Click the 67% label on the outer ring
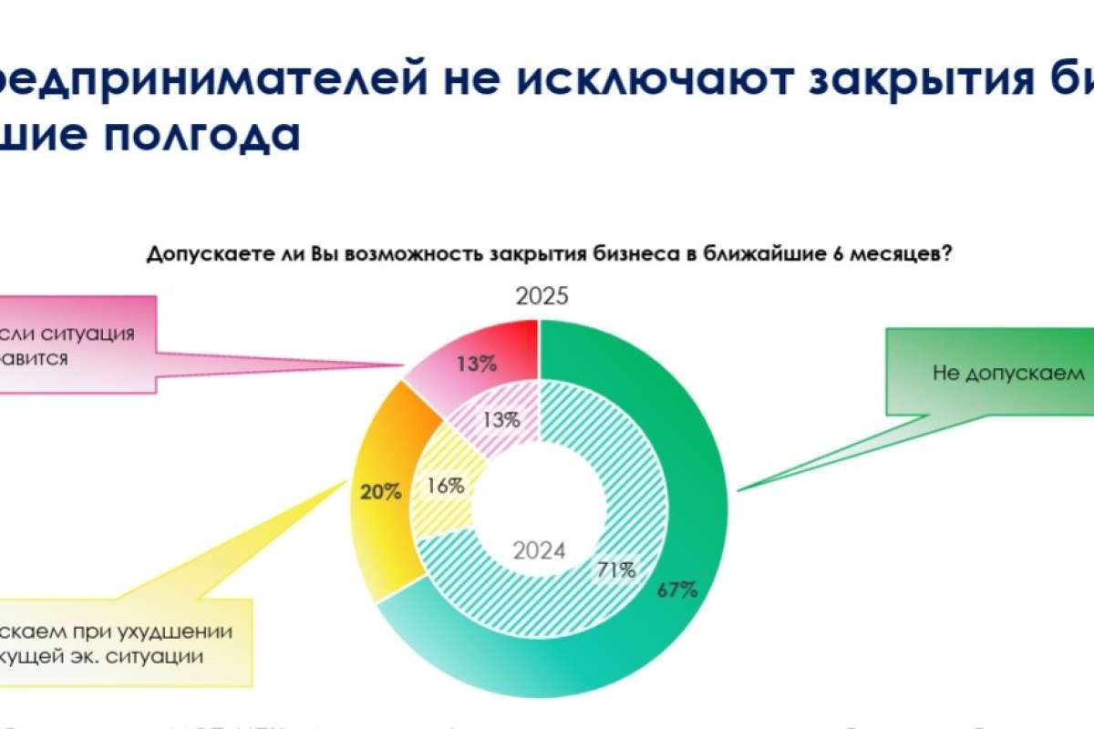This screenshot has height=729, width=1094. pyautogui.click(x=677, y=590)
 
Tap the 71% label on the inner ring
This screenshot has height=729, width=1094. pyautogui.click(x=615, y=570)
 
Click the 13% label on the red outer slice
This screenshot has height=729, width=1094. pyautogui.click(x=477, y=364)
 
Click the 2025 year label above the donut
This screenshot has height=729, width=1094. pyautogui.click(x=542, y=297)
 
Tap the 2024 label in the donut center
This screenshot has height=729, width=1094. pyautogui.click(x=538, y=551)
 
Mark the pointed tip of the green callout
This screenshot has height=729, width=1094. pyautogui.click(x=737, y=490)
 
